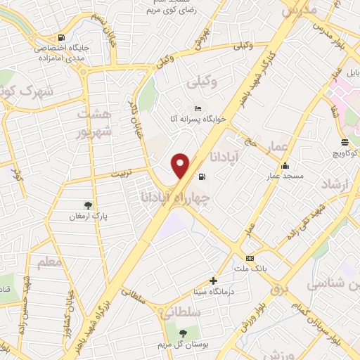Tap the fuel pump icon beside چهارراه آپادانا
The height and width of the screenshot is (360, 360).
coord(203,176)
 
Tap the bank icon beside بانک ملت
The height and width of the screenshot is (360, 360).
coord(250,258)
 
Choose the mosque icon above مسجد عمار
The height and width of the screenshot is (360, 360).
coord(285,167)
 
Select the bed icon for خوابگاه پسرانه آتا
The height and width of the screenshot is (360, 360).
coord(198,108)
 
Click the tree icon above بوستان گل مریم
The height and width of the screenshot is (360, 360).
coord(184,333)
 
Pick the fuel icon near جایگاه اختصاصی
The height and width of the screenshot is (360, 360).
coord(63,37)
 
